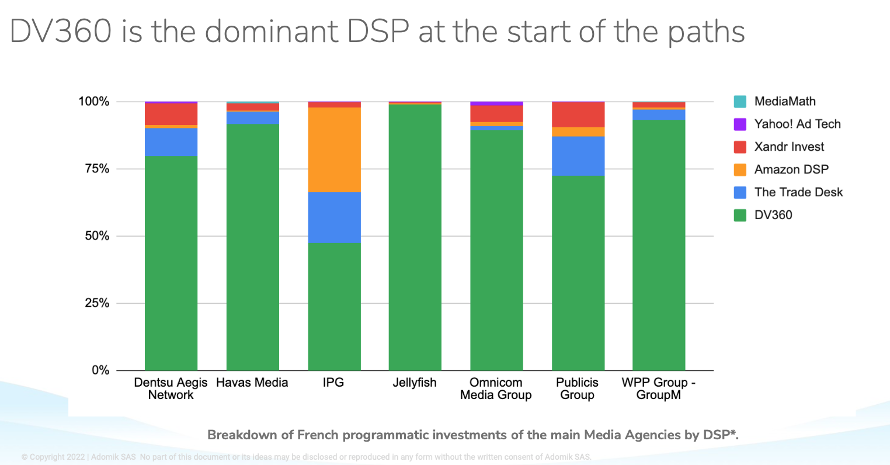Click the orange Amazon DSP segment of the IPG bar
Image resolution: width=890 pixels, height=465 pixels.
334,150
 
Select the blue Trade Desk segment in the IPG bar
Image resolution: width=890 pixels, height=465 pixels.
334,217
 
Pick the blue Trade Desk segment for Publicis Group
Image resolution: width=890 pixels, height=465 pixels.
578,156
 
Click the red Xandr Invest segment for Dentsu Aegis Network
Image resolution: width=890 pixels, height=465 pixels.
171,114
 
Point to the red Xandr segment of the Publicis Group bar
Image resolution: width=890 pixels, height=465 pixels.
578,114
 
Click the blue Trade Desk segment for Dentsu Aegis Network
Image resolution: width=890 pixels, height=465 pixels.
171,142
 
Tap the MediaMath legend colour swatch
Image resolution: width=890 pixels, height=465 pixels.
740,102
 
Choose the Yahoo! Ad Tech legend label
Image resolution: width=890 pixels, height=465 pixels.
797,124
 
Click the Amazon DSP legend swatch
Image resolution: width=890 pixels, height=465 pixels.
740,170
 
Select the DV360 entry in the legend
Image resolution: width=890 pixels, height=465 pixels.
773,215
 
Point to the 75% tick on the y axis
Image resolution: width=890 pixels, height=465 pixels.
94,169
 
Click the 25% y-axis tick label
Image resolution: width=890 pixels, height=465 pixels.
94,303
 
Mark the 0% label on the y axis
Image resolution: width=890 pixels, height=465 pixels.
100,370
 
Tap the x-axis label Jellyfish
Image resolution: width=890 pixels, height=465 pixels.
415,383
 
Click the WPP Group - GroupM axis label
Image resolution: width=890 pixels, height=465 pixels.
659,388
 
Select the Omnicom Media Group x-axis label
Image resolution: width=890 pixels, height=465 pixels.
496,388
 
